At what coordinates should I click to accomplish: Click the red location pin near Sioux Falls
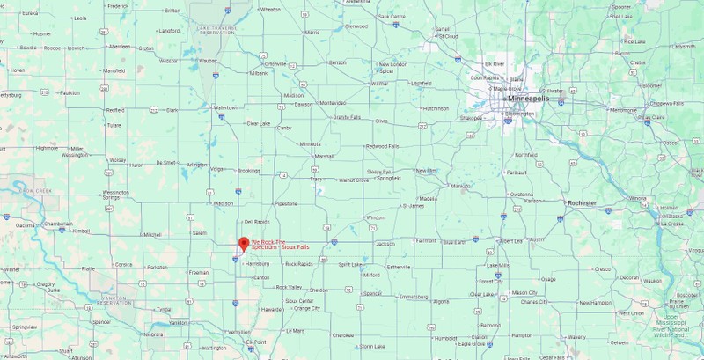pos(244,244)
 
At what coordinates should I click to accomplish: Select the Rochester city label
pos(582,203)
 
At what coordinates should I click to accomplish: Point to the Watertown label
pos(227,107)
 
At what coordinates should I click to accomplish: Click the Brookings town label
pos(249,170)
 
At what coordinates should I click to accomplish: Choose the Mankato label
pos(460,187)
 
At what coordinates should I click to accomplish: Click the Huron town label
pos(136,165)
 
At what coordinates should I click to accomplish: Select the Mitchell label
pos(152,234)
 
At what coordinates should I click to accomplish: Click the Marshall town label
pos(324,156)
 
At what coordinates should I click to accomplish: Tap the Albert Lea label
pos(510,240)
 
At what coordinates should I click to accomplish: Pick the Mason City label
pos(524,292)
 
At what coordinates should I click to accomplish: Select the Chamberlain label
pos(59,224)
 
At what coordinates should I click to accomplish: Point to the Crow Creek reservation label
pos(40,190)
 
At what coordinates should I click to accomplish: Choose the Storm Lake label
pos(373,346)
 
